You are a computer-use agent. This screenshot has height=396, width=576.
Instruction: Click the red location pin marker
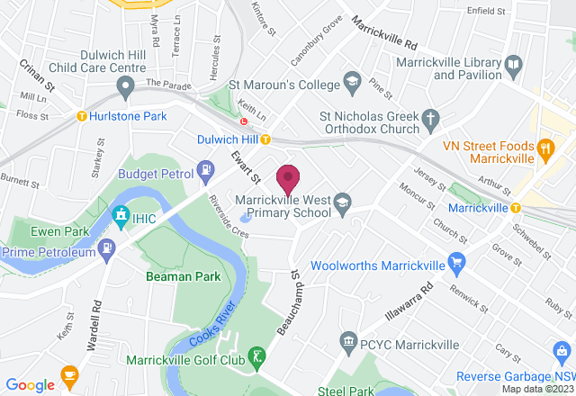click(x=288, y=178)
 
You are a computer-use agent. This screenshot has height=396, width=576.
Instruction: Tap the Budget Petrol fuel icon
click(x=207, y=167)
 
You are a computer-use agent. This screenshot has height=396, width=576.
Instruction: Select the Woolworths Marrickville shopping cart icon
click(x=457, y=265)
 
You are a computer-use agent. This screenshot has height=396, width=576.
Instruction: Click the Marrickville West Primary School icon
click(x=342, y=204)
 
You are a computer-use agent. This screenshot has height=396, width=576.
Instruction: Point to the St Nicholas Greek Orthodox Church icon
click(x=431, y=118)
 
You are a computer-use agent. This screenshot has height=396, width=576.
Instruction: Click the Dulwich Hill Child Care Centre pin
click(x=125, y=86)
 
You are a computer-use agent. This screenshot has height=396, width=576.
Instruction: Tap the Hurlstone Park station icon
click(x=82, y=115)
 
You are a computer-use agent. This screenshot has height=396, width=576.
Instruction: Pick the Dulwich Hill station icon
click(x=265, y=139)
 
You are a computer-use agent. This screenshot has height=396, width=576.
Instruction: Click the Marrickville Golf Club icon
click(x=258, y=357)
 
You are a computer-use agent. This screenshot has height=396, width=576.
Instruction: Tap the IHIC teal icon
click(x=120, y=216)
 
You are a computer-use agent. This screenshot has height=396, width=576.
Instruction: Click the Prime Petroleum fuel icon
click(x=109, y=247)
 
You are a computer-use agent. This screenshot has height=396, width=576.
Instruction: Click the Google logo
click(x=29, y=384)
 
